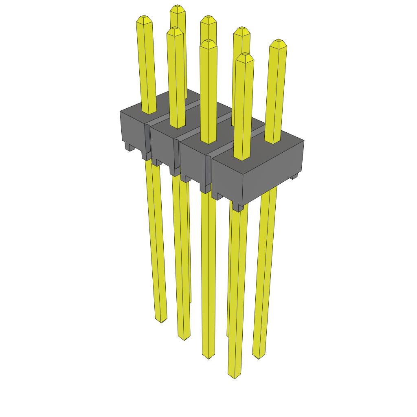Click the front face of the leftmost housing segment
pyautogui.click(x=132, y=128)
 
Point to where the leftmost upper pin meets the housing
pyautogui.click(x=149, y=111)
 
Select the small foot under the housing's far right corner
pyautogui.click(x=294, y=177)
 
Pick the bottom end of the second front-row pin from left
pyautogui.click(x=184, y=338)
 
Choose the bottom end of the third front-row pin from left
pyautogui.click(x=208, y=357)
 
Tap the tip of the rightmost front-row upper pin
pyautogui.click(x=244, y=55)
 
